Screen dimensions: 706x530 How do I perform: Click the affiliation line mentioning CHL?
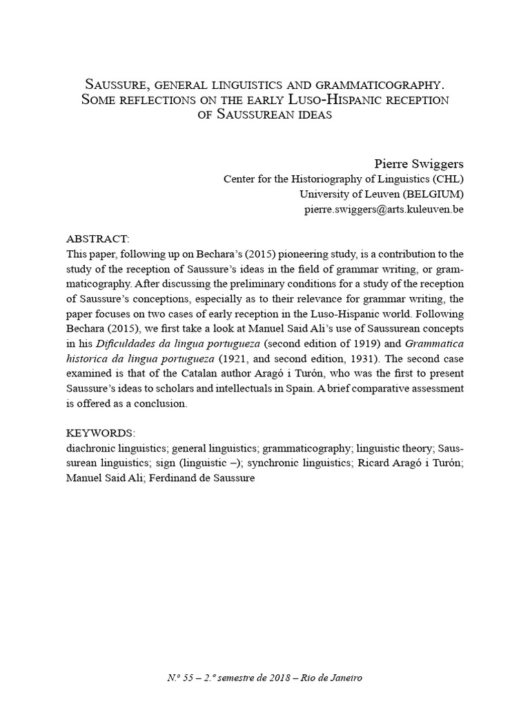pos(344,179)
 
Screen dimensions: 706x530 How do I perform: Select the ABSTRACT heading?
pos(97,239)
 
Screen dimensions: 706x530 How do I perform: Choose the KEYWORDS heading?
pos(100,432)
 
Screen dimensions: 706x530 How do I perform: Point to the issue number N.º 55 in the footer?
pos(181,678)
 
